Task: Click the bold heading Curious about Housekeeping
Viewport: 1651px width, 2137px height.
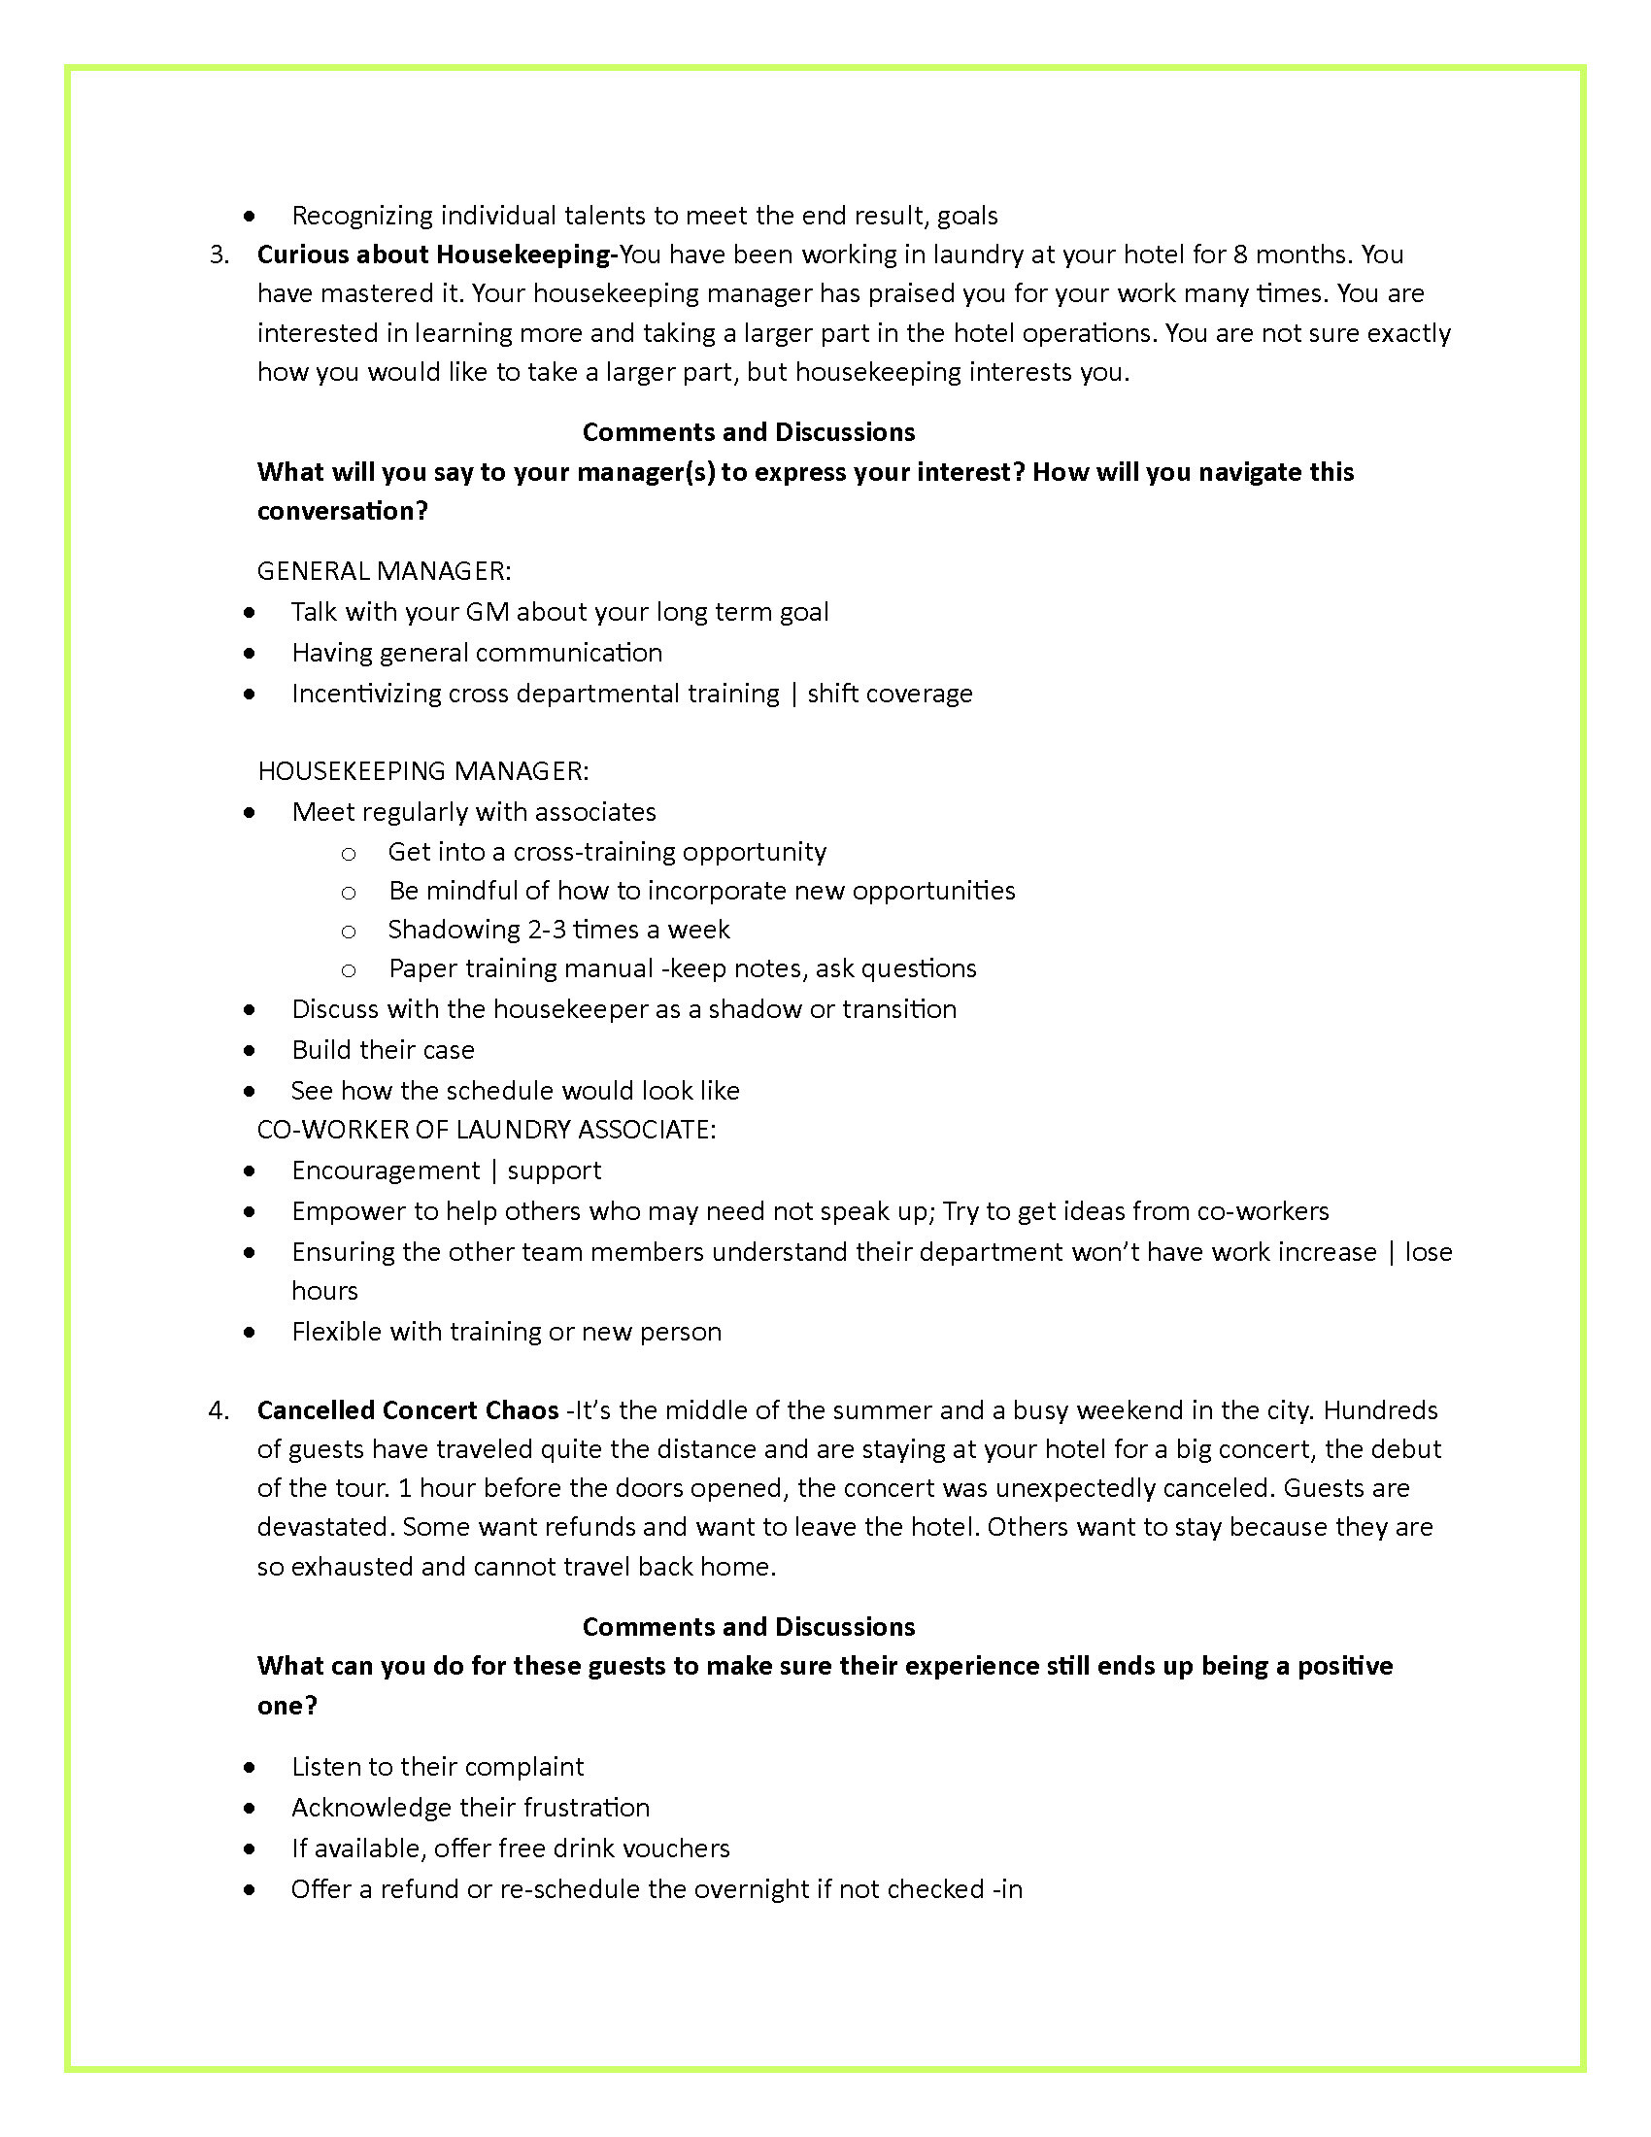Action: [x=434, y=254]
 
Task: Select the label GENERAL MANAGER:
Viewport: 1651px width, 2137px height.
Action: [x=384, y=570]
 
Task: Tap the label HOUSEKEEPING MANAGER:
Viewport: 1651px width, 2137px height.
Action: [x=422, y=771]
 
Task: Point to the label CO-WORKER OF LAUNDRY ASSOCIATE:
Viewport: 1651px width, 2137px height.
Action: [x=487, y=1129]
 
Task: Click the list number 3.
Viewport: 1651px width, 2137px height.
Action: [x=219, y=254]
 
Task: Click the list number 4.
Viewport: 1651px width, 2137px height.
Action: [x=219, y=1410]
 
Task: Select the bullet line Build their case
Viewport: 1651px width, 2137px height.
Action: [x=383, y=1050]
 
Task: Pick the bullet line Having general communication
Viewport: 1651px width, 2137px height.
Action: [x=476, y=653]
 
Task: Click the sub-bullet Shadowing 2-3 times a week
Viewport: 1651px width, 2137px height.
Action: [x=558, y=930]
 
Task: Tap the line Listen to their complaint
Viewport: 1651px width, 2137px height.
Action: [x=437, y=1766]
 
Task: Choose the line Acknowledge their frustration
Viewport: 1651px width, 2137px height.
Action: [x=470, y=1808]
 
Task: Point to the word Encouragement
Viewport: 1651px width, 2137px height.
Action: [x=386, y=1170]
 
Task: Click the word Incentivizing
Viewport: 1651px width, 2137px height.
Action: [x=366, y=694]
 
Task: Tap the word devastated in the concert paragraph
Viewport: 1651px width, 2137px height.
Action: [x=324, y=1527]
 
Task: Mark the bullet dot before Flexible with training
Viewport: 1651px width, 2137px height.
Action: [x=251, y=1333]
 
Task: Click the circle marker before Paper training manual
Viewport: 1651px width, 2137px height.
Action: [x=349, y=969]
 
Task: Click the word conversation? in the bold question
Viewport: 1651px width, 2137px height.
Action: [x=342, y=511]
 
